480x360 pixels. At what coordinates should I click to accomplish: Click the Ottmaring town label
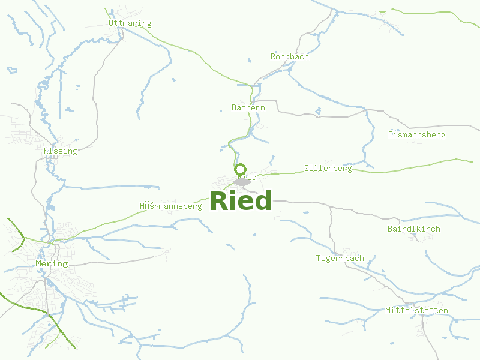coord(130,23)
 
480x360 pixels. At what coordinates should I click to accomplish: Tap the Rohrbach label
coord(290,57)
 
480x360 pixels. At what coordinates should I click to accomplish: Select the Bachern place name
coord(248,108)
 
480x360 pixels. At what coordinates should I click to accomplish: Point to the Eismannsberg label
coord(416,135)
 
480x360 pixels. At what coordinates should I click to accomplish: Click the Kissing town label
coord(61,151)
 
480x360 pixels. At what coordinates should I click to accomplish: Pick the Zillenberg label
coord(328,169)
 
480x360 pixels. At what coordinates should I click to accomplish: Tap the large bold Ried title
coord(241,201)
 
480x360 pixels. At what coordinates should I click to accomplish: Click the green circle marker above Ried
coord(241,169)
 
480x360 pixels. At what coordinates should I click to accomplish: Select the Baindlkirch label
coord(414,229)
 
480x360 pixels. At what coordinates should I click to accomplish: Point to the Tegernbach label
coord(340,259)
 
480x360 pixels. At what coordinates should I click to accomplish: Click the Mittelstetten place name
coord(416,311)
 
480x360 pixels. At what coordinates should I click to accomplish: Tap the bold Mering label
coord(52,264)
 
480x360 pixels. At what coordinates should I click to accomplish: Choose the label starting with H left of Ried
coord(171,206)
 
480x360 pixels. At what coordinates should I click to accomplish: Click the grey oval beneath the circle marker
coord(242,182)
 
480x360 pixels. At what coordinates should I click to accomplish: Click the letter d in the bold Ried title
coord(263,201)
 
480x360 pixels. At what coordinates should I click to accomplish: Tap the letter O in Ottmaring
coord(112,23)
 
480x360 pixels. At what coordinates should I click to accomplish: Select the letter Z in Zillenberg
coord(307,169)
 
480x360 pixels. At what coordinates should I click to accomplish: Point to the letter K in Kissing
coord(46,151)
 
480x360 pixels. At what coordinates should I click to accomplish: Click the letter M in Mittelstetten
coord(388,311)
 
